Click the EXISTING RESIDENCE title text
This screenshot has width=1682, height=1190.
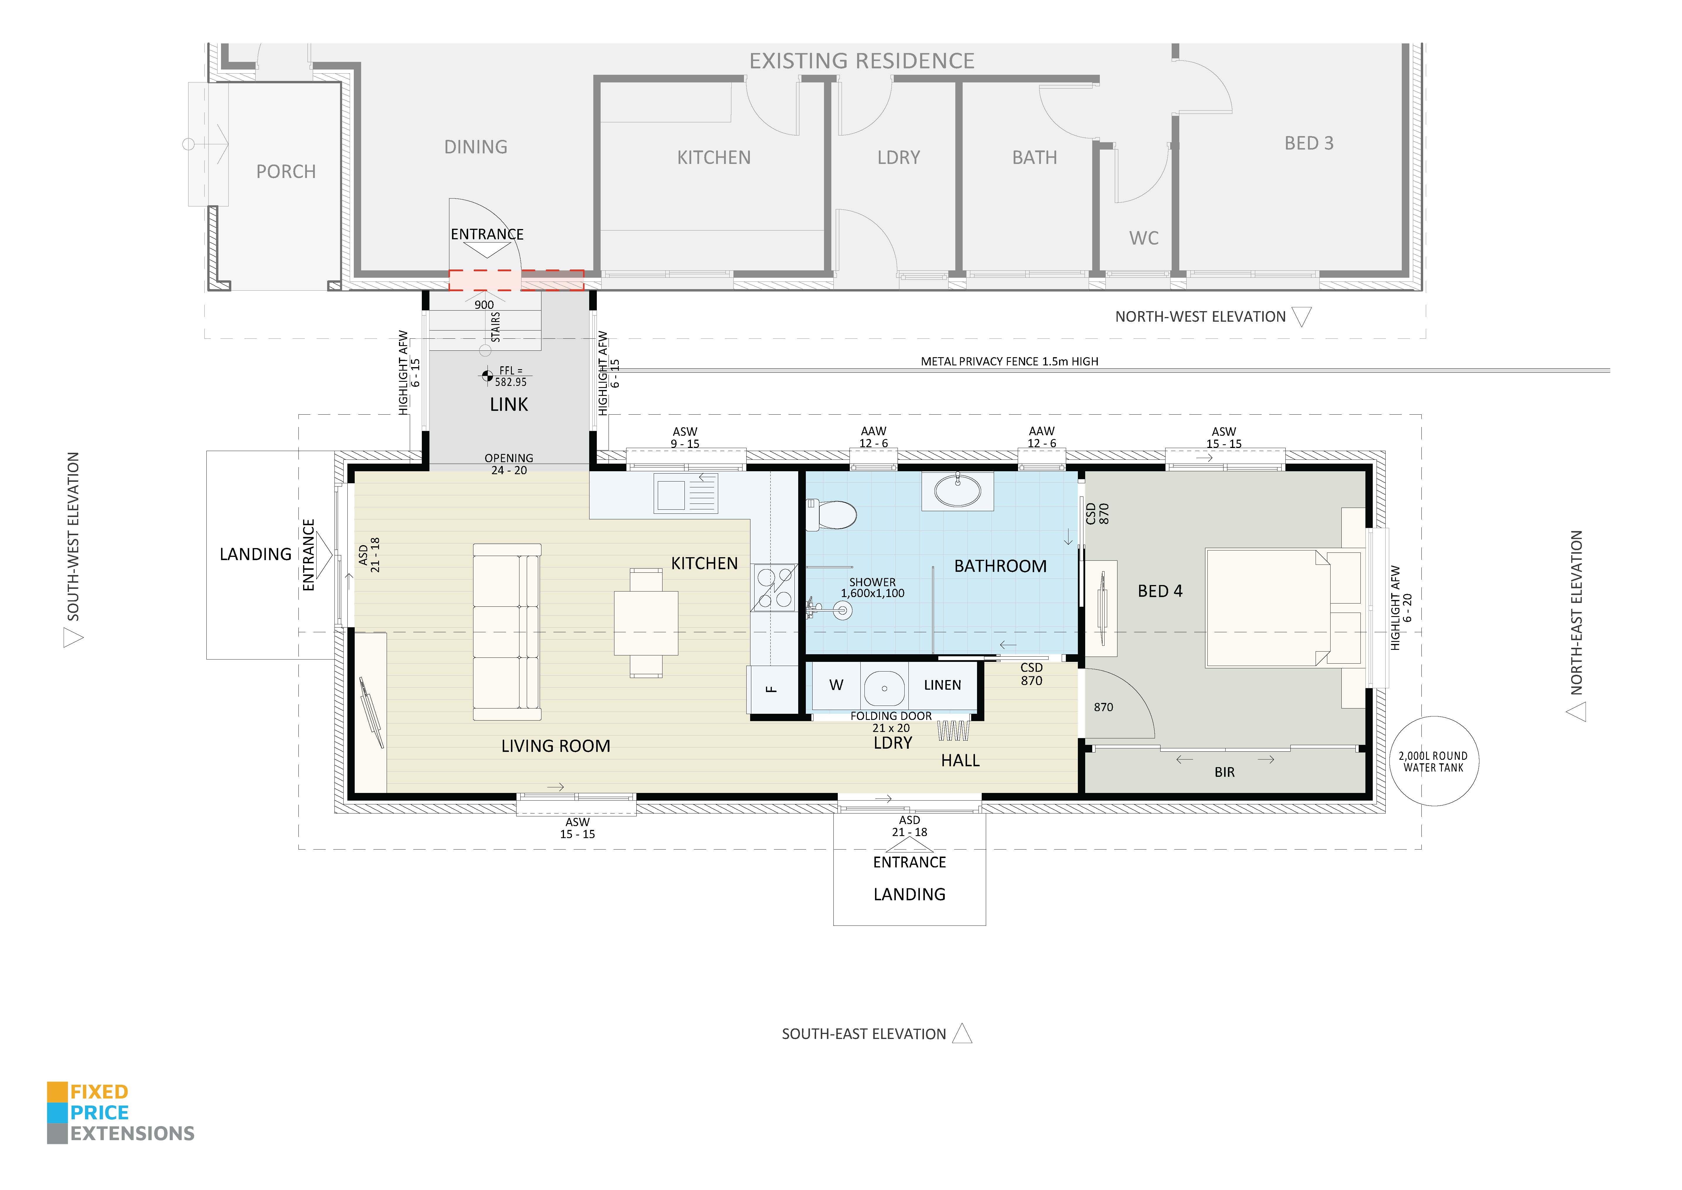coord(862,61)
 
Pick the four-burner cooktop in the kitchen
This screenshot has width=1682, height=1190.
coord(774,588)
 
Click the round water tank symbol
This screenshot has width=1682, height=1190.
coord(1434,761)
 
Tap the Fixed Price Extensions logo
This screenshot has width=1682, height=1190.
coord(121,1112)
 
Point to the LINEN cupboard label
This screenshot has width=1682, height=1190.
coord(942,685)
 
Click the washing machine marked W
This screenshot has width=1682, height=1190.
coord(836,685)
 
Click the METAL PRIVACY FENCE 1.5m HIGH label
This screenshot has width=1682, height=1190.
coord(1010,361)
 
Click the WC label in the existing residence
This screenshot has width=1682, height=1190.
coord(1144,238)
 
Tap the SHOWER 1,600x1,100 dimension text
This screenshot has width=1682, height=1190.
coord(872,588)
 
